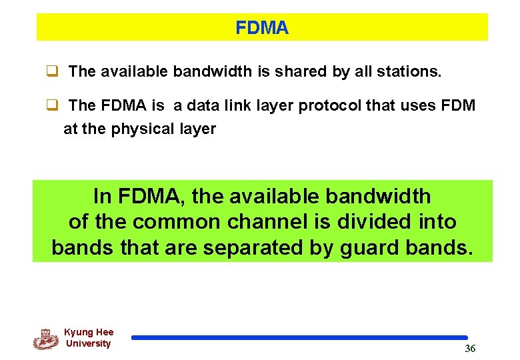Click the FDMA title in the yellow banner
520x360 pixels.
tap(262, 28)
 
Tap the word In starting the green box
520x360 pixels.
tap(103, 197)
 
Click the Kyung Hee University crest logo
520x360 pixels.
tap(45, 339)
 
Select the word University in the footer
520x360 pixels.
tap(88, 344)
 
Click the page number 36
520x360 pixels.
tap(470, 349)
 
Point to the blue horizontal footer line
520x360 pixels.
tap(299, 338)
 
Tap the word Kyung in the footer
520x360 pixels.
tap(79, 332)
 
